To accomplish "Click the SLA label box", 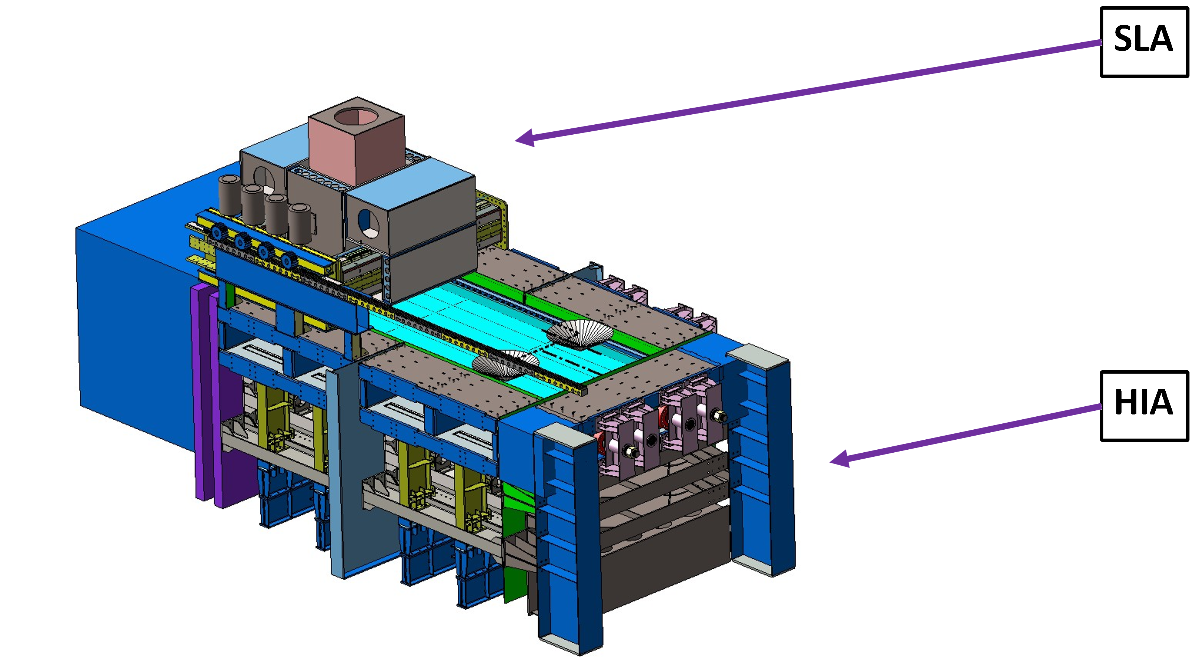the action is click(x=1144, y=42).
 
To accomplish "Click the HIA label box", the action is click(x=1144, y=406).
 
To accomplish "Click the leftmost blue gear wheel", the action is click(x=218, y=231).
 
